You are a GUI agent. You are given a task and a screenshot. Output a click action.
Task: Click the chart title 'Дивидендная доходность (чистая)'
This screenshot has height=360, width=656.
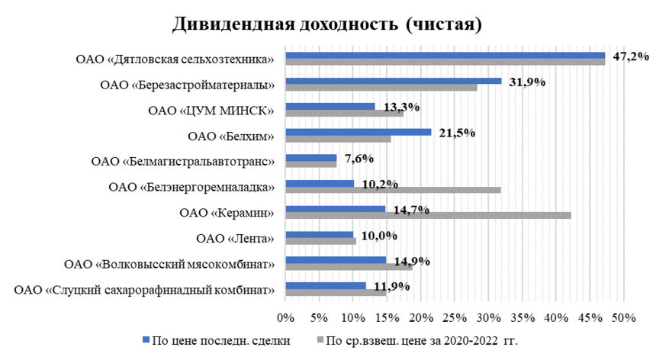pos(327,24)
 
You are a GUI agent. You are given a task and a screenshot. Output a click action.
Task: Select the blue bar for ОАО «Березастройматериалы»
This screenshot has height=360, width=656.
pos(393,80)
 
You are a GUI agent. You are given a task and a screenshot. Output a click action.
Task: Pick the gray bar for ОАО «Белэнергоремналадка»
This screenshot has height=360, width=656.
pos(393,190)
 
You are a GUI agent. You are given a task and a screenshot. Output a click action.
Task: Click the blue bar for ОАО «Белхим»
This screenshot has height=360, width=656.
pos(358,132)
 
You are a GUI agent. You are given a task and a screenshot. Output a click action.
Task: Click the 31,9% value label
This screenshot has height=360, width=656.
pos(526,82)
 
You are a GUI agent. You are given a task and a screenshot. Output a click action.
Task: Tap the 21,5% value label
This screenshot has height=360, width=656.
pos(455,133)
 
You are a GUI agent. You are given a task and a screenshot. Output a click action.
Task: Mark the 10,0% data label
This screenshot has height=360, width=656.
pos(378,236)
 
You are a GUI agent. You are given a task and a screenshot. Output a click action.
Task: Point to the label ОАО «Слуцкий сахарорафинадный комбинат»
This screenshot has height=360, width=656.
pos(145,290)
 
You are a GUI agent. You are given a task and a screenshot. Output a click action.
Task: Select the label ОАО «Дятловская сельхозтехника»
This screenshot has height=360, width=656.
pos(175,59)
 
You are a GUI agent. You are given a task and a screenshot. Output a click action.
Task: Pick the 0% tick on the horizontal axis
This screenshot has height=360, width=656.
pos(285,317)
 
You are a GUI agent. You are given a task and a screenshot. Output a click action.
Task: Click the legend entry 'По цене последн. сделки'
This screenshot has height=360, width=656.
pos(215,341)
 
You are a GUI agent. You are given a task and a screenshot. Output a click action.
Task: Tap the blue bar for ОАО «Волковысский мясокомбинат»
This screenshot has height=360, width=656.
pos(336,259)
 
